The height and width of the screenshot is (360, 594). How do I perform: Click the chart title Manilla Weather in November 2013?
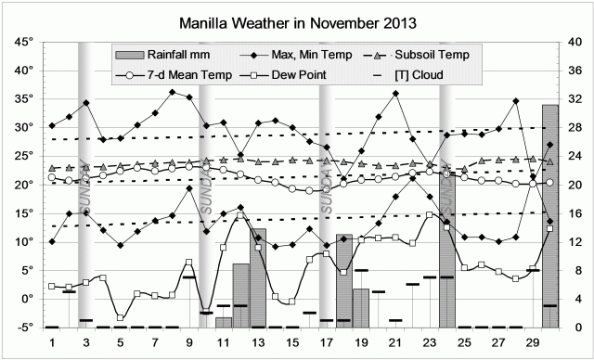pyautogui.click(x=296, y=21)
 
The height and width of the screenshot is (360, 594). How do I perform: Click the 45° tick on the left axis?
pyautogui.click(x=22, y=42)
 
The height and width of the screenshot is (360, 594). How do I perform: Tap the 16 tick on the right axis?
pyautogui.click(x=574, y=213)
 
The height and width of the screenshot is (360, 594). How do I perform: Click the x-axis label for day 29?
pyautogui.click(x=533, y=343)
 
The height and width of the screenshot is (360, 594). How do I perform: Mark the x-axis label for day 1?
pyautogui.click(x=52, y=343)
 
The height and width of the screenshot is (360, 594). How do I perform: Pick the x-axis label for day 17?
pyautogui.click(x=327, y=343)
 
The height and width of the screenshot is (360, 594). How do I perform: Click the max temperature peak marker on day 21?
pyautogui.click(x=396, y=94)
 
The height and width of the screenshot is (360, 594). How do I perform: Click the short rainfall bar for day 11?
pyautogui.click(x=224, y=322)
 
